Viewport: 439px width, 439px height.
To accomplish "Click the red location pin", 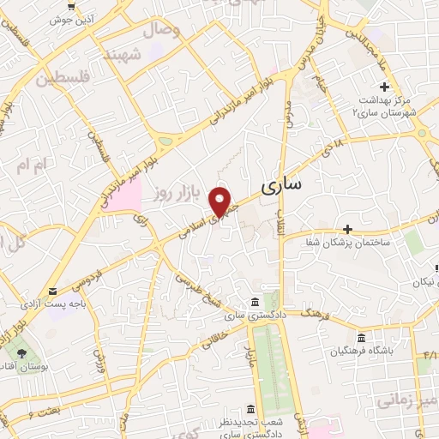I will point(221,201).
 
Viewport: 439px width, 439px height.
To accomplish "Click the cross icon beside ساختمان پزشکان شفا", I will point(347,229).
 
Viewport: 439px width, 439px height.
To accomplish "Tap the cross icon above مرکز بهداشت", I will point(385,87).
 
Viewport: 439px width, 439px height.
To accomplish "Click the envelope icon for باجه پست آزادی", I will point(53,291).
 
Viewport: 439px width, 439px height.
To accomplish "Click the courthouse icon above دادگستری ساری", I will point(254,303).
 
